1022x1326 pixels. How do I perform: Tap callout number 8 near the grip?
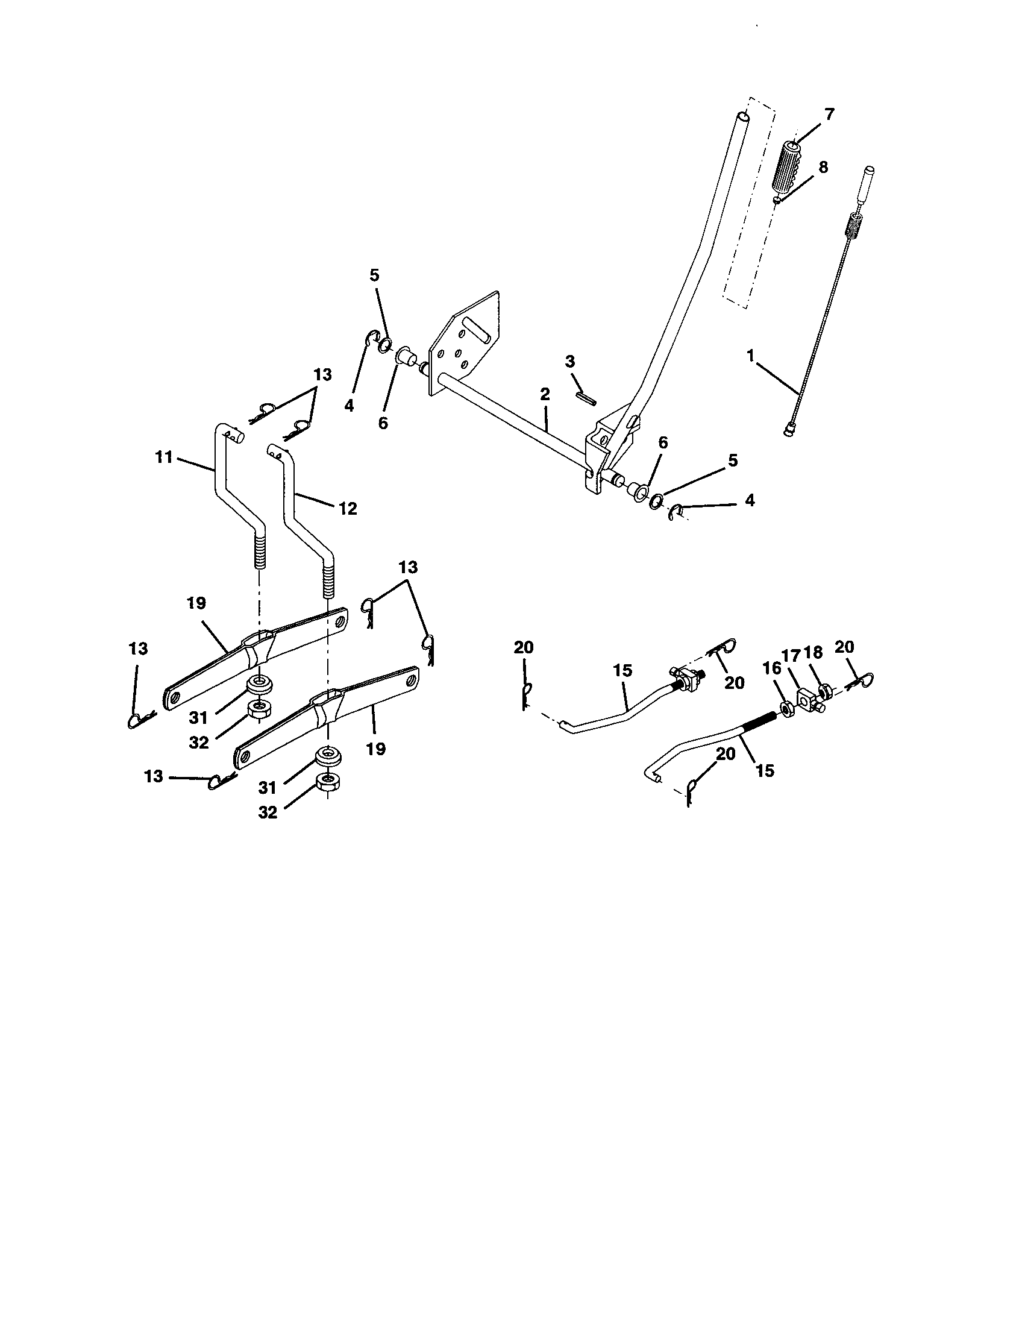(823, 168)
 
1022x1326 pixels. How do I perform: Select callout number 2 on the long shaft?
(544, 394)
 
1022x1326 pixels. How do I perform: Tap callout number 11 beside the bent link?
(164, 457)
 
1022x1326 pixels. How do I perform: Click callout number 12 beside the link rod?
(348, 509)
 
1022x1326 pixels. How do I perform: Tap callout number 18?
(813, 653)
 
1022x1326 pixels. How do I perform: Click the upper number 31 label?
(198, 718)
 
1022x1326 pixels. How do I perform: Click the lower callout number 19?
(376, 749)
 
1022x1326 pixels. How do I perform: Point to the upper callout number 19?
(196, 603)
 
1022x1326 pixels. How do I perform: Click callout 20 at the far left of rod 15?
(523, 648)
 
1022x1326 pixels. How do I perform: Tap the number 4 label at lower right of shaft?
(750, 500)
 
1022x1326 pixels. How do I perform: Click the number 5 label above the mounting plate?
(374, 275)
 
